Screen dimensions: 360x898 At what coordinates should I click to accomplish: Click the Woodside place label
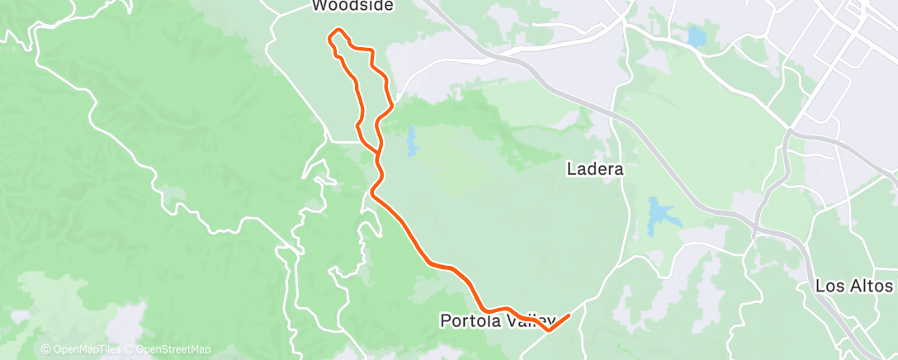[x=352, y=7]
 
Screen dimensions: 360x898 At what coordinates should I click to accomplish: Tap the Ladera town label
[x=594, y=169]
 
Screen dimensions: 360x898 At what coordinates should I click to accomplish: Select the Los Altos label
[x=853, y=287]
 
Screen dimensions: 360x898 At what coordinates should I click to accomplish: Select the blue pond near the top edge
[x=697, y=36]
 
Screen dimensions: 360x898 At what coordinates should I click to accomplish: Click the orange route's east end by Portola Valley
[x=569, y=315]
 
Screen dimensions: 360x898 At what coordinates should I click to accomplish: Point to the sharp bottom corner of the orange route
[x=548, y=330]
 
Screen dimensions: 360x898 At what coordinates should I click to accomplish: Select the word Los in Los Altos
[x=828, y=287]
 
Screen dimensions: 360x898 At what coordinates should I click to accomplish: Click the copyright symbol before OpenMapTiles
[x=45, y=349]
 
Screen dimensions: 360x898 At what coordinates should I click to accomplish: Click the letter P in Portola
[x=445, y=320]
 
